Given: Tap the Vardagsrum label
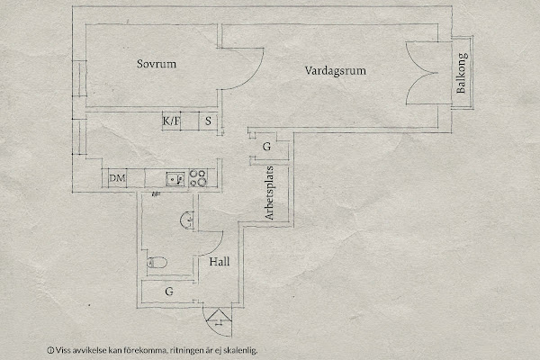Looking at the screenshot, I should coord(337,69).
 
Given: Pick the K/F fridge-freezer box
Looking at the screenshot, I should coord(170,121).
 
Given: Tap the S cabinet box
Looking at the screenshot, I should coord(207,121).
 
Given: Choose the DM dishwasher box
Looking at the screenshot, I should coord(117,178).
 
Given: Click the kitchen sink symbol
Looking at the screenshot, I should coord(175,178).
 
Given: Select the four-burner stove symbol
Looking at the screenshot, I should coord(198,178).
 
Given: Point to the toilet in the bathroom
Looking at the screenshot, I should coord(154,263).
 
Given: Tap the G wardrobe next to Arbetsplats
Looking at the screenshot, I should coord(267,147).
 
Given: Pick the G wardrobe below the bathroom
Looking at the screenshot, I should coord(168,292).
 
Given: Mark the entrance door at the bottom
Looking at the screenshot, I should coord(216,316).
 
